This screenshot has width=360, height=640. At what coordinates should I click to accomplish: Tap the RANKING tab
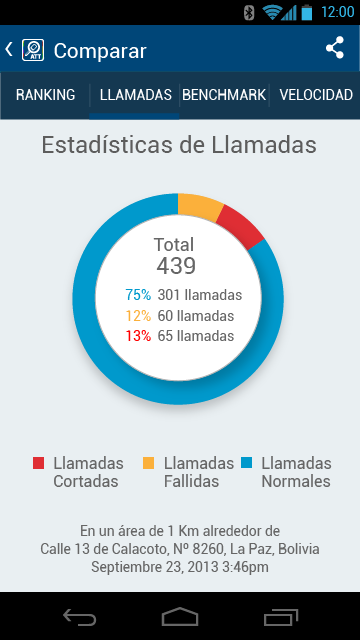point(45,95)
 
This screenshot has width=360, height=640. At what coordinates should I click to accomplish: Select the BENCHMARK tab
point(224,95)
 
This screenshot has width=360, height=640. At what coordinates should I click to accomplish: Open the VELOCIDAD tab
point(316,95)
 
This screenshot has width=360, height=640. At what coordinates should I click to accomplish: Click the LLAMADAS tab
point(136,95)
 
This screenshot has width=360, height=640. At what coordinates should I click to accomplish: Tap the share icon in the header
point(335,48)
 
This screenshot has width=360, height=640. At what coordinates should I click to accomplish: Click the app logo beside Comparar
point(33,50)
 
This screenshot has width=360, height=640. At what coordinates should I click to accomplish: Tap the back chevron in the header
point(9,49)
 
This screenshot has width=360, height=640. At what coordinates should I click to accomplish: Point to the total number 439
point(176,266)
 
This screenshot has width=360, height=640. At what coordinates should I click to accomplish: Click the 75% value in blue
point(138,295)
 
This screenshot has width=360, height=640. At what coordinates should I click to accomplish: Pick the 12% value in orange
point(138,316)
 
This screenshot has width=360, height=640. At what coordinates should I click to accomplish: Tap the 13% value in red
point(138,336)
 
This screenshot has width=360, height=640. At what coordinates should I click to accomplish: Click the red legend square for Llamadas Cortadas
point(38,463)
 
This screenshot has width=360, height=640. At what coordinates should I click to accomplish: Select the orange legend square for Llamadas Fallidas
point(149,463)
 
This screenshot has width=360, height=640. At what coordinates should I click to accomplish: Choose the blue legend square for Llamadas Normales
point(247,463)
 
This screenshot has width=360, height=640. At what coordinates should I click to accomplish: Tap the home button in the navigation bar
point(180,616)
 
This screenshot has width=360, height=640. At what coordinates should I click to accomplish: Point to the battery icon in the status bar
point(307,12)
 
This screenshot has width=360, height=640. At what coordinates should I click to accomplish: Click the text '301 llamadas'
point(200,295)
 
